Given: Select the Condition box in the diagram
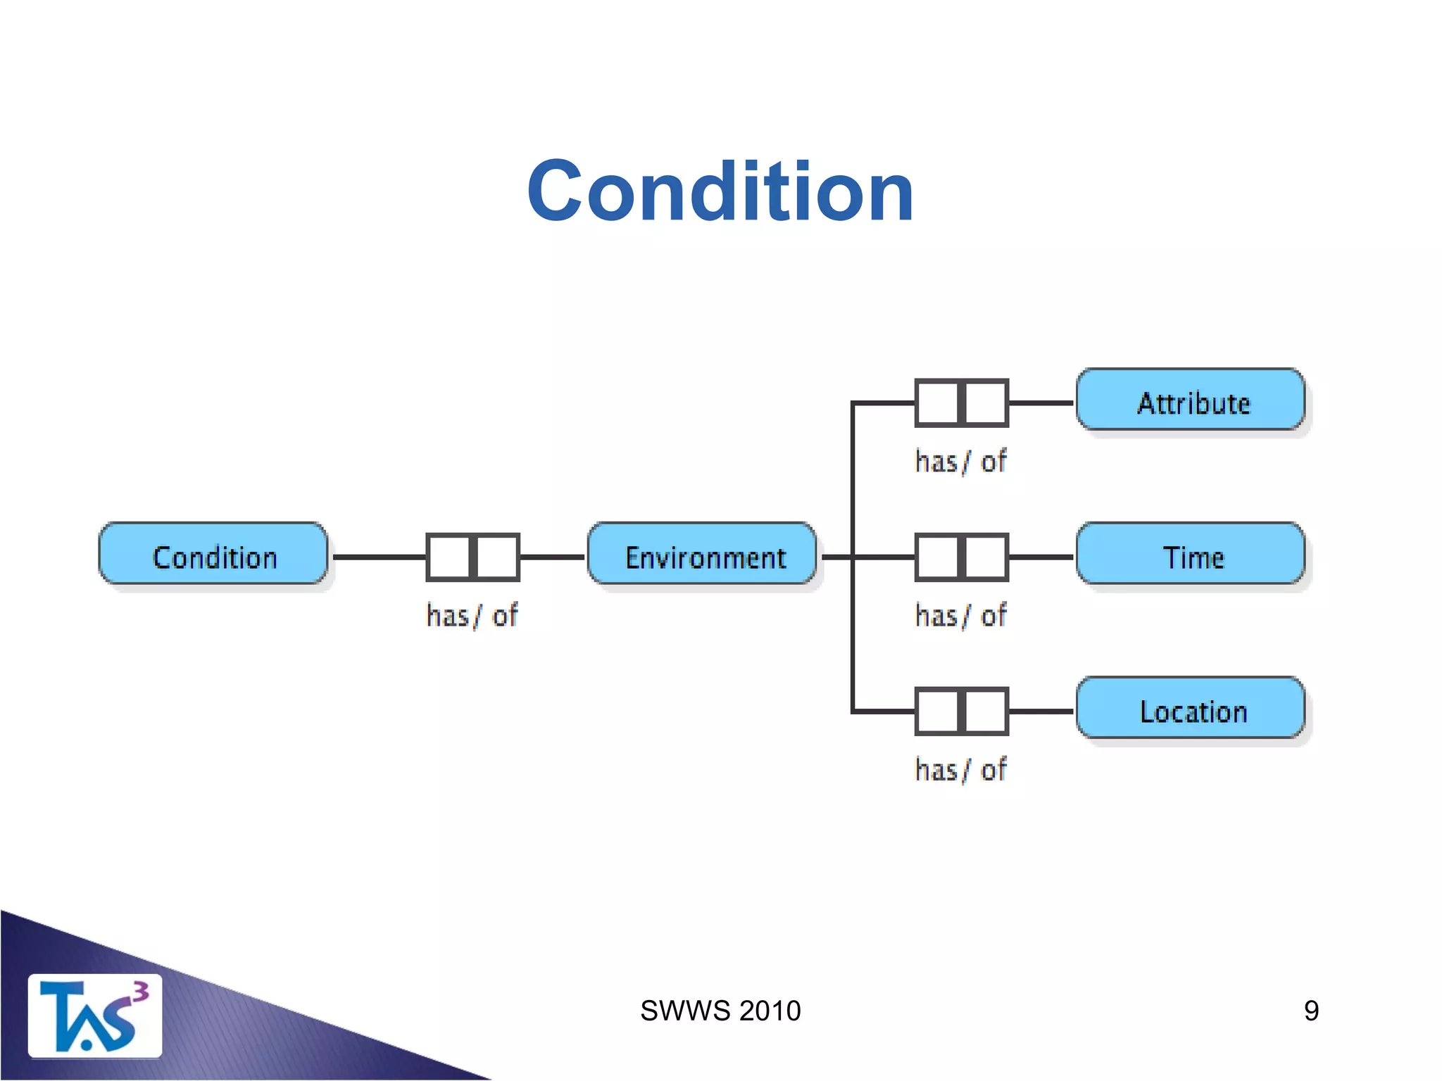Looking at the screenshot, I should click(x=213, y=555).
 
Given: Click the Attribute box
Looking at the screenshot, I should click(x=1191, y=401).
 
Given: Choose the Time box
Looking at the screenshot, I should click(x=1191, y=555).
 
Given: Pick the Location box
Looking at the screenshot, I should click(x=1191, y=709).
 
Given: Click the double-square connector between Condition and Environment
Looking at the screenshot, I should click(x=472, y=557).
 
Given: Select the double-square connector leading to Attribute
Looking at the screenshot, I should click(x=961, y=403).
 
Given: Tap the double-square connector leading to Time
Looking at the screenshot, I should click(x=961, y=557).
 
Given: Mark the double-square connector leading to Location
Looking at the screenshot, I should click(x=961, y=711).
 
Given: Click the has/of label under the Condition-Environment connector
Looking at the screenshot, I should click(x=472, y=616).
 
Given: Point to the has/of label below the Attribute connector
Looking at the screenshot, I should click(x=960, y=462).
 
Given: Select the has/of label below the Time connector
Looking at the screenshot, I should click(x=960, y=616).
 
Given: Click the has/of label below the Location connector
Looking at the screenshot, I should click(x=960, y=770).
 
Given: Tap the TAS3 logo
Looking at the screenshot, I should click(x=94, y=1016).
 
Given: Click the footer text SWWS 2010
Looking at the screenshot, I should click(x=720, y=1011).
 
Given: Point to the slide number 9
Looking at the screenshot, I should click(x=1311, y=1011).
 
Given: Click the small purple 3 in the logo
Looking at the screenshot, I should click(x=141, y=992).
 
